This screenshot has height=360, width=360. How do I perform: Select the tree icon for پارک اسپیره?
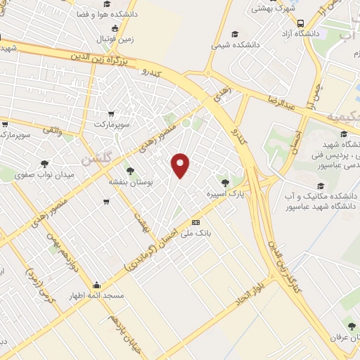pyautogui.click(x=225, y=183)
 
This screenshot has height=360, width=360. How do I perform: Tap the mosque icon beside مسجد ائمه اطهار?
pyautogui.click(x=96, y=285)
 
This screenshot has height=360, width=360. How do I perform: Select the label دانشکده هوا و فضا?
pyautogui.click(x=101, y=13)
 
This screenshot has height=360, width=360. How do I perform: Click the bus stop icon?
pyautogui.click(x=301, y=22)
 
